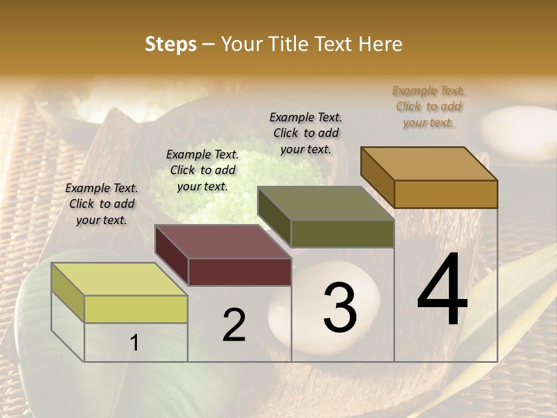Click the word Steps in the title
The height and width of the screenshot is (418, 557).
(x=171, y=44)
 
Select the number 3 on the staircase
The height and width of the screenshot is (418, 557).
(x=339, y=308)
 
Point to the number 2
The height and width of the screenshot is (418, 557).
(x=234, y=325)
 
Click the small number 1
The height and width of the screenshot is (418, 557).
(x=135, y=343)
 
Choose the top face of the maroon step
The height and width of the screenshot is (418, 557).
(x=223, y=242)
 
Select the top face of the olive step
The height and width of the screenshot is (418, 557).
(x=325, y=203)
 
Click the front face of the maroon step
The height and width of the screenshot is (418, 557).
(x=240, y=272)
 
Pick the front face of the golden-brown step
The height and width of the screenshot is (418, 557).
(x=446, y=194)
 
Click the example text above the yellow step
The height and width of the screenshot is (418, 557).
(x=102, y=204)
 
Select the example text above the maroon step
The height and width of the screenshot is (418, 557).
(x=202, y=171)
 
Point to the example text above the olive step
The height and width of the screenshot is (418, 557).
(x=306, y=133)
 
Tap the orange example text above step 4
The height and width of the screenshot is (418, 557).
(x=429, y=107)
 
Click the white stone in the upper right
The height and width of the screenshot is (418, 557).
(x=518, y=132)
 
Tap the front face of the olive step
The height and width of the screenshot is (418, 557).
(x=342, y=233)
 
